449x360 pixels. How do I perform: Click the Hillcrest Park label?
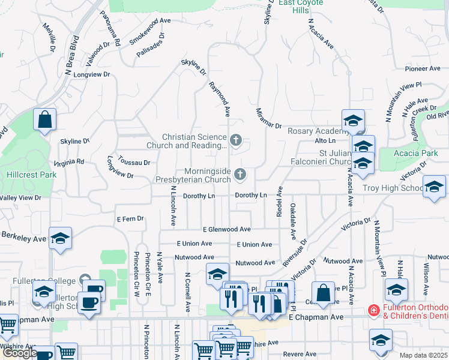coord(23,175)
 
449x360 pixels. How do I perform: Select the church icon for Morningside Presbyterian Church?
coord(241,175)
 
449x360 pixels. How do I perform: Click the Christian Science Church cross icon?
coord(236,141)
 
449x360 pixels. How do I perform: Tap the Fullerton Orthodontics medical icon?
coord(373,310)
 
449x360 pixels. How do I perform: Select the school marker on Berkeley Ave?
coord(60,239)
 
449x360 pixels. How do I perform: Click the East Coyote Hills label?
coord(301,3)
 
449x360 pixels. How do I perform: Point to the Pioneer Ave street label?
coord(423,68)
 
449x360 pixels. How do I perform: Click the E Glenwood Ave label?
coord(226,229)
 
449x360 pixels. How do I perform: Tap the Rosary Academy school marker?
coord(353,120)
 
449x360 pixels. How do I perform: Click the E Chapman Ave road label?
coord(316,316)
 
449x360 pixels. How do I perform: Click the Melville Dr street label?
coord(49,37)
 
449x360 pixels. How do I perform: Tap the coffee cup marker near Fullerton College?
coord(90,302)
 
